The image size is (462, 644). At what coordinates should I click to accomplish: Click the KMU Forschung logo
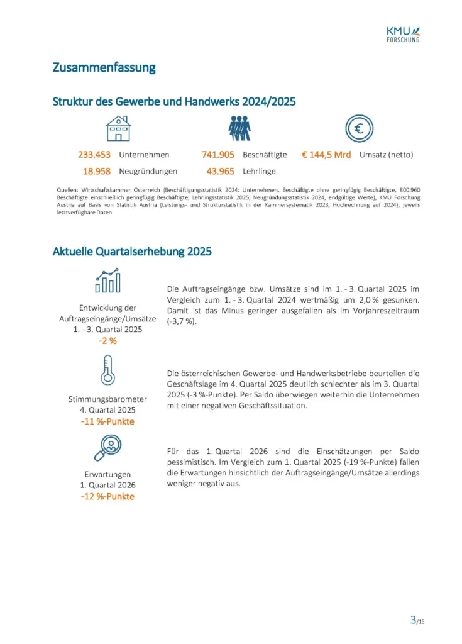point(403,35)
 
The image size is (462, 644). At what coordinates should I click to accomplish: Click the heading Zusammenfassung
point(104,68)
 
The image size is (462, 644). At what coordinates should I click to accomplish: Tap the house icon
point(118,128)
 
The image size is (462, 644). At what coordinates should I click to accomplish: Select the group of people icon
point(239,128)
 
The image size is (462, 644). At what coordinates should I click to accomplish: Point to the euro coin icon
point(359,128)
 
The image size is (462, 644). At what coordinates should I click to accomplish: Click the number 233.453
point(94,155)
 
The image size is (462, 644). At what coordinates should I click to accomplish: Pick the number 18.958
point(99,170)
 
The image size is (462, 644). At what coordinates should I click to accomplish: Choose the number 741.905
point(217,155)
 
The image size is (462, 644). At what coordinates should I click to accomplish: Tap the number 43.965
point(220,170)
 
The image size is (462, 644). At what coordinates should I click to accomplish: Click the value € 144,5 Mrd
point(326,155)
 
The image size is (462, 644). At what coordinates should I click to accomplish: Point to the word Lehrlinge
point(259,170)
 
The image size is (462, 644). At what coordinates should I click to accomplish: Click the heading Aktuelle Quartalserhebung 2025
point(132,252)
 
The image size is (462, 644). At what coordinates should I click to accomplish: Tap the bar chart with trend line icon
point(107,281)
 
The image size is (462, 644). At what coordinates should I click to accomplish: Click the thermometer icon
point(107,370)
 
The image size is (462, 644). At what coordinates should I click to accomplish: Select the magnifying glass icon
point(107,448)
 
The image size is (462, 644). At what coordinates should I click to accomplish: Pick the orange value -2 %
point(107,341)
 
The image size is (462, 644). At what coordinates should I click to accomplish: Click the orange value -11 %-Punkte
point(107,421)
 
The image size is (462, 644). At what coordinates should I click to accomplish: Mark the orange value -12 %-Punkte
point(107,496)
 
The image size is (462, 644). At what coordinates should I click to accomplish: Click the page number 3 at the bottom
point(413,620)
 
